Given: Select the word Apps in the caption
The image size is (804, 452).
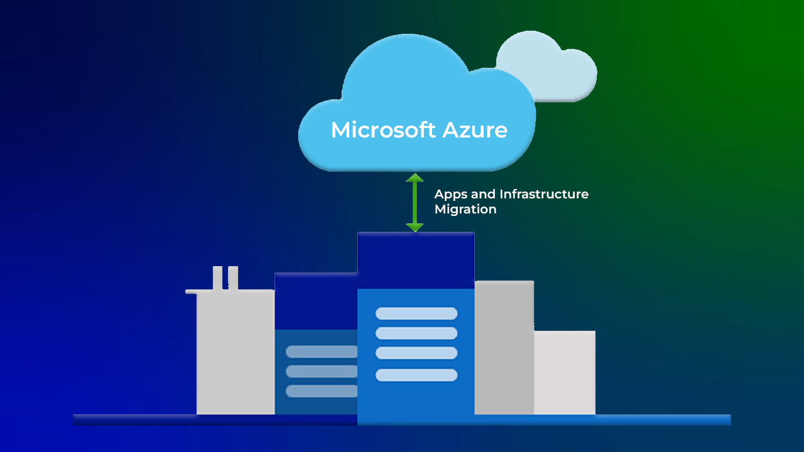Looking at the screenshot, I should pos(450,195).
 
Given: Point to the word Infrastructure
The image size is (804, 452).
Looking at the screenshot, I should pos(544,195).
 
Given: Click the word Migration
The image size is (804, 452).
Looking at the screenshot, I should pos(465,210).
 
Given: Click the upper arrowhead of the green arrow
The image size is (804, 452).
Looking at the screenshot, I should pos(415,178).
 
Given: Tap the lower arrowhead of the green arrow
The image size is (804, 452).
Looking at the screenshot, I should pos(415,227).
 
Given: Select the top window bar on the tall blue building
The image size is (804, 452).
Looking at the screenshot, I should pos(416,314).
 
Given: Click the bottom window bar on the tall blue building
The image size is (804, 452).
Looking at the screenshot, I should pos(416,375).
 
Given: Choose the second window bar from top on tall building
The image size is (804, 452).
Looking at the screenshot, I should pos(416,333).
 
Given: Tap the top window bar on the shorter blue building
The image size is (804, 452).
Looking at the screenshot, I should pos(321,352).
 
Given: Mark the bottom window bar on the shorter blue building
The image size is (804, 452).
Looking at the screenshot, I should pos(321,391).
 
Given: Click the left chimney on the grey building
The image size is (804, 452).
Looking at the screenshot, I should pos(217,277).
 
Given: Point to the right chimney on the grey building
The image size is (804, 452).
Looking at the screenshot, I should pos(233,277).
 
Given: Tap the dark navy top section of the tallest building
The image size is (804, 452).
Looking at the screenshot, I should pos(416,261).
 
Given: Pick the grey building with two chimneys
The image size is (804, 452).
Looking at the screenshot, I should pos(236,352).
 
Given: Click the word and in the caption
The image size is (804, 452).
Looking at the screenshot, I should pos(483,195).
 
